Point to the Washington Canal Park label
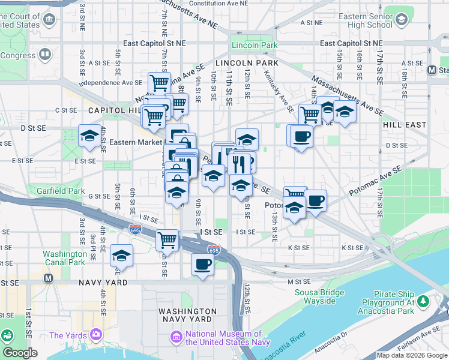pyautogui.click(x=64, y=258)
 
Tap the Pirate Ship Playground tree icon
pyautogui.click(x=423, y=300)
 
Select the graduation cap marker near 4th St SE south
pyautogui.click(x=122, y=256)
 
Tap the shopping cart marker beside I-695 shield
pyautogui.click(x=167, y=241)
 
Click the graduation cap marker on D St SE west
pyautogui.click(x=89, y=136)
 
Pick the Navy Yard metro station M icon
pyautogui.click(x=49, y=278)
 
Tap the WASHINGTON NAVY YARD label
pyautogui.click(x=187, y=316)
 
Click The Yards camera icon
pyautogui.click(x=95, y=334)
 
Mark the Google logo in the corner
pyautogui.click(x=20, y=353)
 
